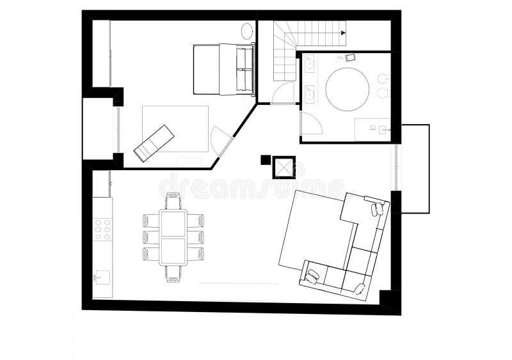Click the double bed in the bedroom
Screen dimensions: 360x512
pos(224,69)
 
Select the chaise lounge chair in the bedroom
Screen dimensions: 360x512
pos(154,142)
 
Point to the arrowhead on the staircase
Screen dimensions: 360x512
pos(344,33)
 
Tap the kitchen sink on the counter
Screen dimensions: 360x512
pos(101,276)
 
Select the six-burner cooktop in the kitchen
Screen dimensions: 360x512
pos(102,229)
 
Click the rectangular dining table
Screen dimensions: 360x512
pos(173,237)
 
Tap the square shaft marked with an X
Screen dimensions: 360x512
pos(283,167)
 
